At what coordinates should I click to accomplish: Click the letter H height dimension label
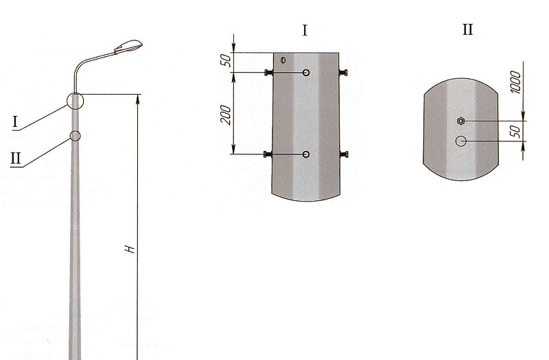(130, 249)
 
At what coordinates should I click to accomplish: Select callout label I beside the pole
(15, 122)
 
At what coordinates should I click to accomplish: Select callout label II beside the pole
(16, 158)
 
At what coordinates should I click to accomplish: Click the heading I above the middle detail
(305, 31)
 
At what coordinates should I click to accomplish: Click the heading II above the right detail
(468, 29)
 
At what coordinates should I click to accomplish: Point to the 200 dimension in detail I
(226, 115)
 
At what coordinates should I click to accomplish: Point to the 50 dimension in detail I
(226, 60)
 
